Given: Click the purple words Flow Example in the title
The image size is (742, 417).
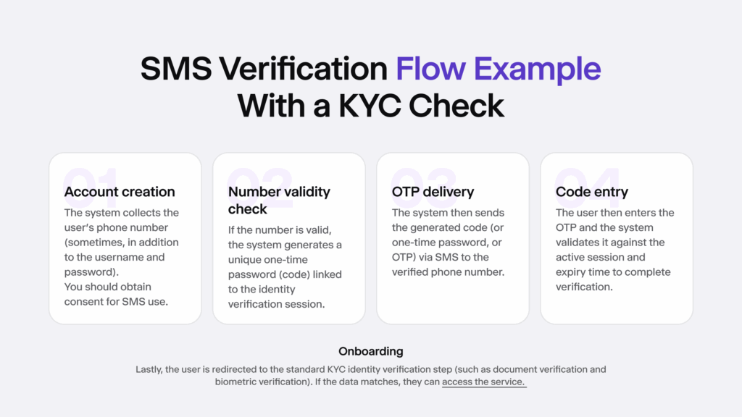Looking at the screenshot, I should click(x=498, y=69).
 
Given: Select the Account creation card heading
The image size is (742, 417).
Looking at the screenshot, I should click(x=120, y=192).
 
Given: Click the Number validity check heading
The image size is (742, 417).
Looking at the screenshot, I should click(x=279, y=201).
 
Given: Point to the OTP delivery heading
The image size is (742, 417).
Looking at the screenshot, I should click(x=433, y=192).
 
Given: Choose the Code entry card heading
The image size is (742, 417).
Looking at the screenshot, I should click(x=591, y=192).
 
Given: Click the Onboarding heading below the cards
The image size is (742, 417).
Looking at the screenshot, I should click(x=370, y=352).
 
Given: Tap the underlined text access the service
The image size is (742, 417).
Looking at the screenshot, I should click(x=484, y=382).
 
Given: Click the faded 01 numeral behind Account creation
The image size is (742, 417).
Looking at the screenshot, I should click(x=91, y=180).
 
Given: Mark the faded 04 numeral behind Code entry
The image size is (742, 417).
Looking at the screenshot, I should click(x=588, y=179).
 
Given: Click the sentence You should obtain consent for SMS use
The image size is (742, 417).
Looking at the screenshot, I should click(x=116, y=294).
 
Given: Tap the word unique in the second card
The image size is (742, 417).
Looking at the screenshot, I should click(x=246, y=260).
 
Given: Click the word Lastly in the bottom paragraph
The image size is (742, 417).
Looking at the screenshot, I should click(x=150, y=369).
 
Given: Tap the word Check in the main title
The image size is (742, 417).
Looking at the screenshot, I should click(x=457, y=106).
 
